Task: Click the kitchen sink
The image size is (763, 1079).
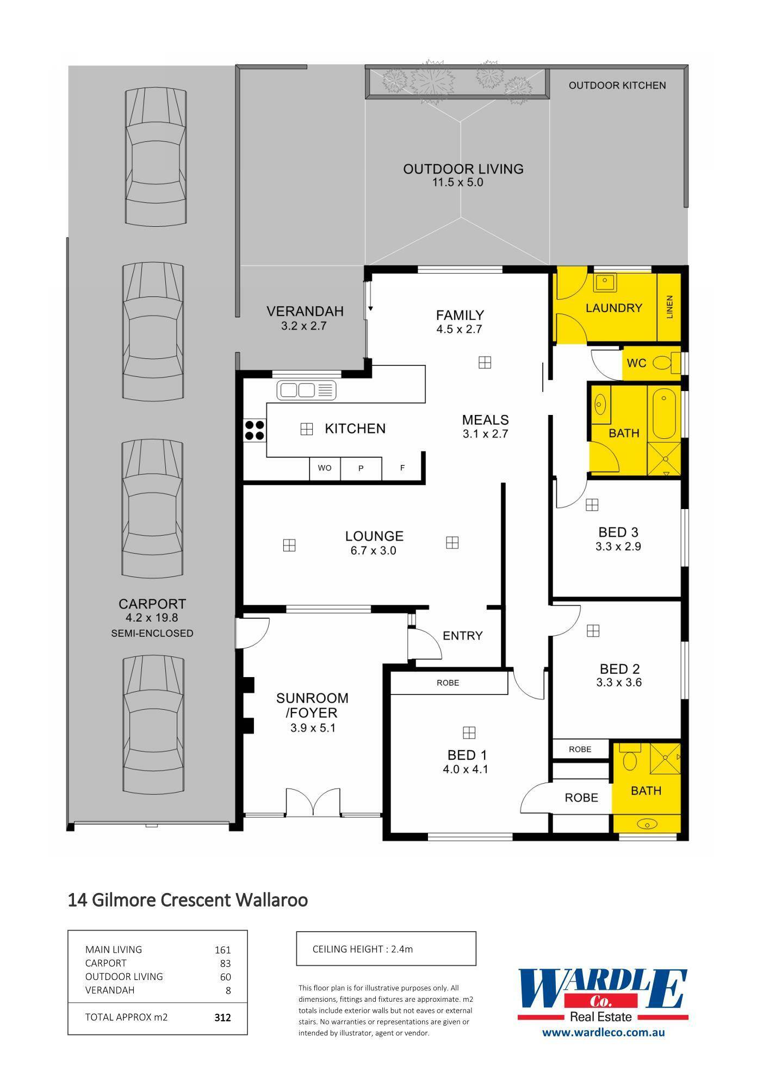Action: (306, 390)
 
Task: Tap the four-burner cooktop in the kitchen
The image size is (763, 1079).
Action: (255, 430)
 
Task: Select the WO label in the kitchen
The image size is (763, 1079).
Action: (325, 468)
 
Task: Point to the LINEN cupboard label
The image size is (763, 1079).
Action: (669, 307)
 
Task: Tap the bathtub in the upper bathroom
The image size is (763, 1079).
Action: (663, 413)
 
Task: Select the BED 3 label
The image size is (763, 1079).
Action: (618, 532)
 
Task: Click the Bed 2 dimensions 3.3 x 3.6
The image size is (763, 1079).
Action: (619, 683)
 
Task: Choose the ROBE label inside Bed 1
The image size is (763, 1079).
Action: (448, 683)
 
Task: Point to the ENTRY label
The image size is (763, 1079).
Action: (463, 635)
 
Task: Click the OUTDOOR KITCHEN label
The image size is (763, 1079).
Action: (617, 85)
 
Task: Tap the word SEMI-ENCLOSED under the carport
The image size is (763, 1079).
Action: (152, 633)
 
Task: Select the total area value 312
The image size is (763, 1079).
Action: (223, 1017)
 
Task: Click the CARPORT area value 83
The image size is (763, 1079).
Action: (225, 963)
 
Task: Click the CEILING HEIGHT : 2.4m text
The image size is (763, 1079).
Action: (363, 949)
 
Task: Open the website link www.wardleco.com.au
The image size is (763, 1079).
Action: (604, 1032)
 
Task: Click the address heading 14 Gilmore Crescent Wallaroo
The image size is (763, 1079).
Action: (188, 900)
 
